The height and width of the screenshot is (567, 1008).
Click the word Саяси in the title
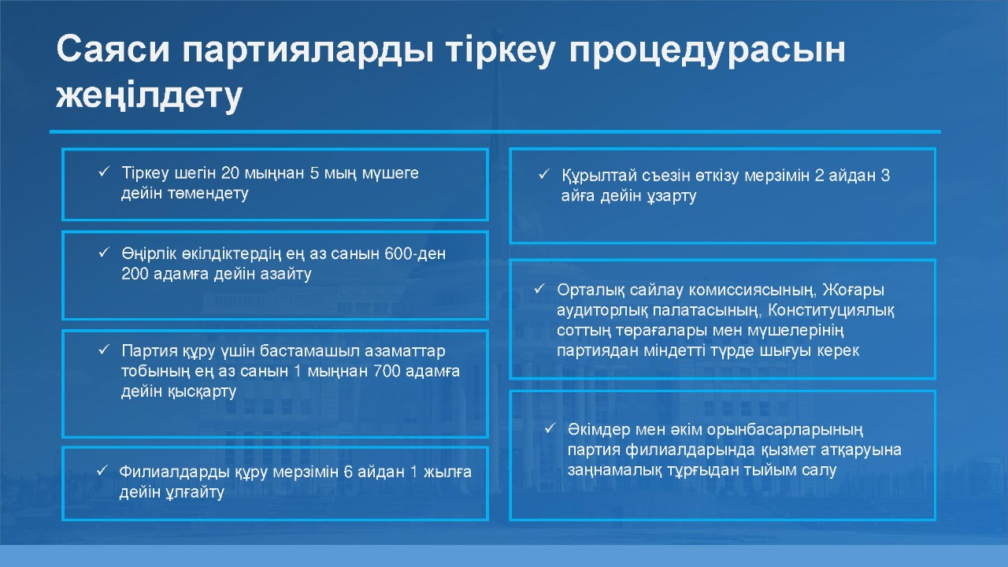pos(113,49)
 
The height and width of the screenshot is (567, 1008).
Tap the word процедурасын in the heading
pos(707,50)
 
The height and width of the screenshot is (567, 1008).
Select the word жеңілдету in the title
pos(150,96)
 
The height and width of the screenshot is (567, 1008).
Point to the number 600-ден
pos(415,254)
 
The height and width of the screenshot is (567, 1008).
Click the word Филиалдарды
pos(175,472)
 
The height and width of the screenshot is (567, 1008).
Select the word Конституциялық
pos(831,310)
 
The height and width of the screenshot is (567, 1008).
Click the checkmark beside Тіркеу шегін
pos(104,172)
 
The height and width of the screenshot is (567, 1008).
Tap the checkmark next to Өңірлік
pos(104,253)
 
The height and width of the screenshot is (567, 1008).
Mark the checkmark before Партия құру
pos(104,349)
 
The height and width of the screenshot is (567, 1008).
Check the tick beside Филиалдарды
pos(102,470)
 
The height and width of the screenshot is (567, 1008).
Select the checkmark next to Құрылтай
pos(544,174)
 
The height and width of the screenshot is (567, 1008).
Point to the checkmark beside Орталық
pos(539,288)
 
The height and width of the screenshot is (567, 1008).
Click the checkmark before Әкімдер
pos(550,428)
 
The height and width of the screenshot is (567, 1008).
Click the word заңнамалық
pos(615,470)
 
